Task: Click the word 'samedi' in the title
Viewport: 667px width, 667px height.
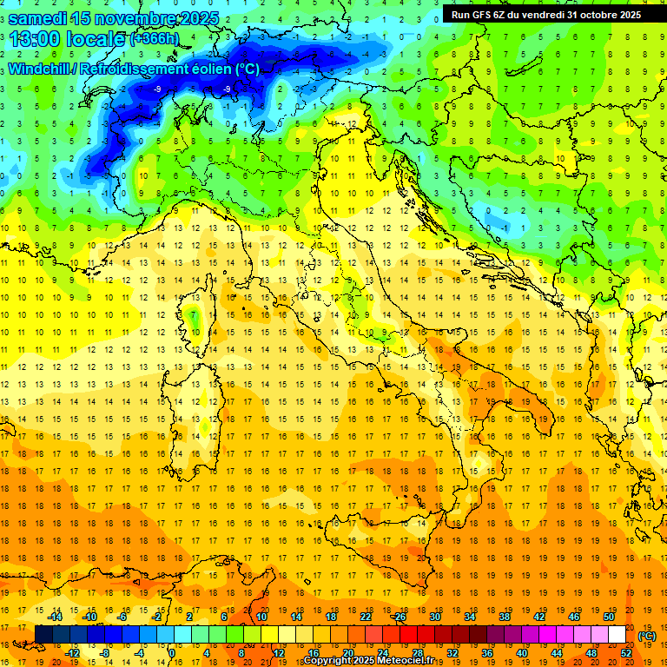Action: coord(42,17)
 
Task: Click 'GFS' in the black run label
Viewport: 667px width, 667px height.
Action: coord(484,14)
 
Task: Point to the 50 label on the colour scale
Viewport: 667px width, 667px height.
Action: coord(608,617)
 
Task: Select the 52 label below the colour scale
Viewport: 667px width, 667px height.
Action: coord(625,652)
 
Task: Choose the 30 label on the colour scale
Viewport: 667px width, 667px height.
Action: coord(434,617)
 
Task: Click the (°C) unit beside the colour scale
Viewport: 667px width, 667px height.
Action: coord(647,636)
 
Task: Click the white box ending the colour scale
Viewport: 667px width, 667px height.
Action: coord(617,635)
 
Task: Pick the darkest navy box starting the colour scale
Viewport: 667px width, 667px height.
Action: coord(43,635)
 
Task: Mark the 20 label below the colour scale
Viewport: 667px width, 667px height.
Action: coord(347,652)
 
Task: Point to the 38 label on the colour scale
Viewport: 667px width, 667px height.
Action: coord(504,617)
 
